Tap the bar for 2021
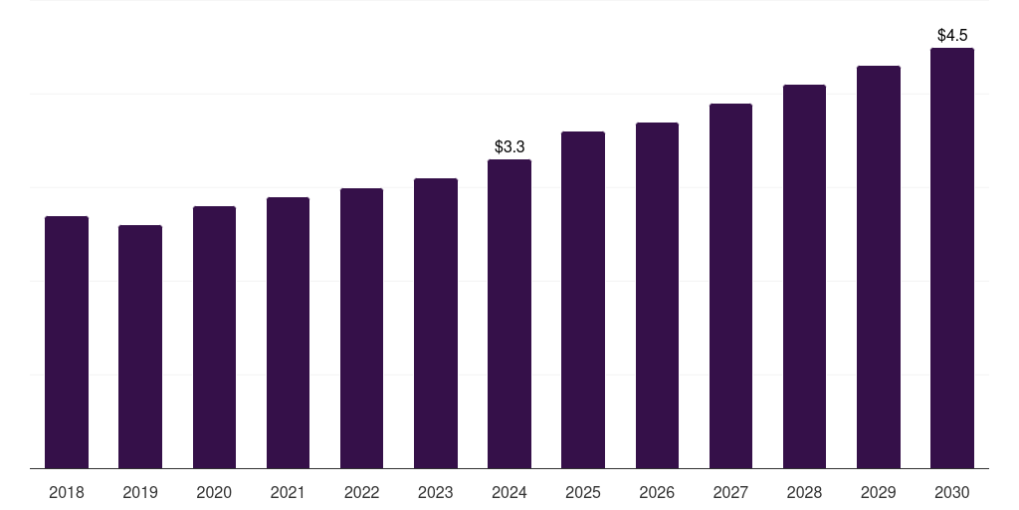click(x=288, y=333)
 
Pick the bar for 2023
click(x=436, y=323)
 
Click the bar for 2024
click(x=509, y=314)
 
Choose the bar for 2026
click(x=657, y=295)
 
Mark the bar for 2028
click(x=804, y=276)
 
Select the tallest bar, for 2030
click(x=952, y=258)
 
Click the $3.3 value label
click(x=509, y=147)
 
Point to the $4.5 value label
click(x=952, y=36)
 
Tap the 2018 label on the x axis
click(x=67, y=493)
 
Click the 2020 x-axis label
click(x=214, y=493)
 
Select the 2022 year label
click(x=362, y=493)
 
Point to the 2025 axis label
click(x=583, y=493)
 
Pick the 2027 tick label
click(x=730, y=493)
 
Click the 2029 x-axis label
click(x=879, y=493)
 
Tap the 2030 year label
click(x=952, y=493)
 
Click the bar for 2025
click(x=583, y=300)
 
